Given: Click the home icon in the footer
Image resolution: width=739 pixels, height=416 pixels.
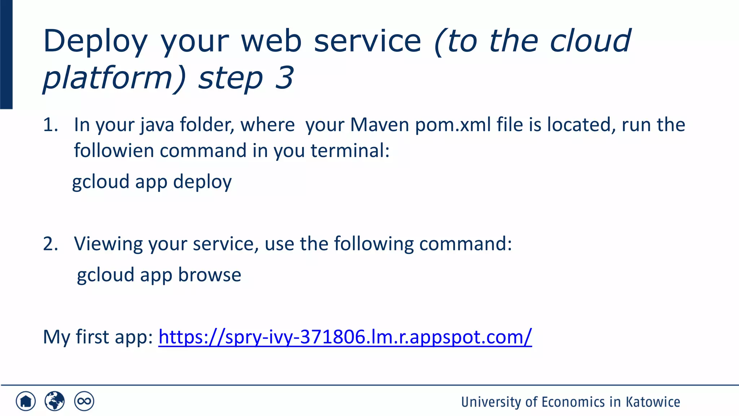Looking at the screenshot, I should coord(26,401).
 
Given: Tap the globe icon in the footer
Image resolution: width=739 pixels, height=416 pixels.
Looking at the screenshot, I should coord(54,401).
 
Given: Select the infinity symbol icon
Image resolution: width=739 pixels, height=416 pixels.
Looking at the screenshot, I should coord(84,401).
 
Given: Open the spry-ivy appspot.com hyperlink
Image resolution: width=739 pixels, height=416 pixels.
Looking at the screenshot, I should coord(345,337).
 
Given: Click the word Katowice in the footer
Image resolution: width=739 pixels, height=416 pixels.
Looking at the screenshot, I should coord(653,402).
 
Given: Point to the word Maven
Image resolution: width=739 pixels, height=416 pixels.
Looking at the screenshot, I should coord(380,125).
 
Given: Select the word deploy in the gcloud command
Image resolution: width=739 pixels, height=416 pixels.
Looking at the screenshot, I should coord(202,182).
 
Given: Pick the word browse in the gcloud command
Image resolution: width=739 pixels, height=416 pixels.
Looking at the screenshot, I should coord(210,275).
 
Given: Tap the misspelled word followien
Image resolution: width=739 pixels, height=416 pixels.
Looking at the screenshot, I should coord(114,151).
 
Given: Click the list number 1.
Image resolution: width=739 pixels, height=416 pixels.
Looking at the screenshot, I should coord(50,125).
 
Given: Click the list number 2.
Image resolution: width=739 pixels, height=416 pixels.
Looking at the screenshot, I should coord(50,244).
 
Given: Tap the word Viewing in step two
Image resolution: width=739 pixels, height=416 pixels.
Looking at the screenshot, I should coord(108,244).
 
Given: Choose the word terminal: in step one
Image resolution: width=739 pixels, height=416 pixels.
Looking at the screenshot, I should coord(350,151).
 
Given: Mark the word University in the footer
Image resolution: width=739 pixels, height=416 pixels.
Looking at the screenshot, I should coord(491,402).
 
